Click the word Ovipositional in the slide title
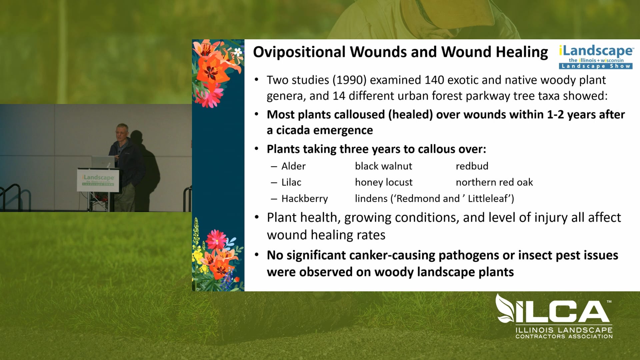point(299,52)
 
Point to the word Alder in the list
point(293,166)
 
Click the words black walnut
point(383,166)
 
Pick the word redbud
point(472,166)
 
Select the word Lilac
point(291,182)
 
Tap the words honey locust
point(383,182)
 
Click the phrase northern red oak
point(494,182)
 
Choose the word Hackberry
point(304,199)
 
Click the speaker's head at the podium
point(122,131)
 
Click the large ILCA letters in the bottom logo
point(560,312)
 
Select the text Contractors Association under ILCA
point(564,337)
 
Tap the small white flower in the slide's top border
point(238,52)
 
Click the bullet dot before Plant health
point(257,218)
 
